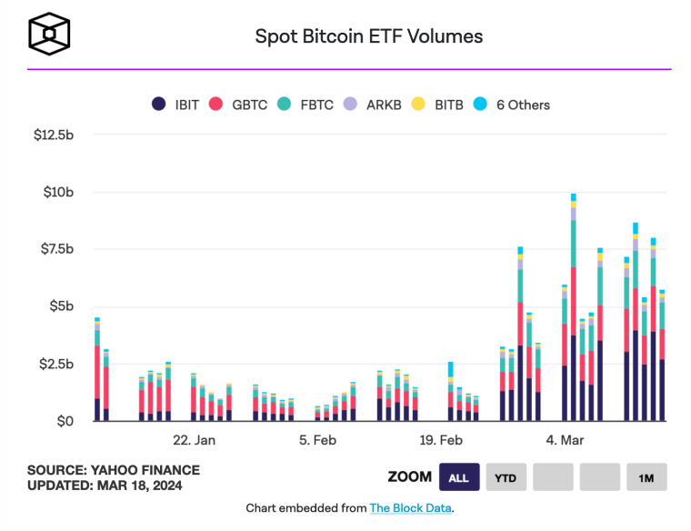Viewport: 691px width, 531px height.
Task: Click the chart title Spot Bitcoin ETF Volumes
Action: (x=368, y=36)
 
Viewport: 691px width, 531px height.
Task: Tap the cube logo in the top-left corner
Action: (x=49, y=35)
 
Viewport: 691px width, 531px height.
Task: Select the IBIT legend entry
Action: (x=181, y=105)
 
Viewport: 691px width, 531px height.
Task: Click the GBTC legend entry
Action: (x=240, y=105)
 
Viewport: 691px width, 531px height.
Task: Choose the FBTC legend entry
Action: (x=300, y=105)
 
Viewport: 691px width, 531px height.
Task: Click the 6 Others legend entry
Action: (x=512, y=105)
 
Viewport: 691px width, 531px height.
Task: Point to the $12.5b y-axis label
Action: (x=54, y=135)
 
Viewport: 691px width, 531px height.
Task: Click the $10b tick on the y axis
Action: (x=59, y=192)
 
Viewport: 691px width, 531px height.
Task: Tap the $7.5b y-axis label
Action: (x=56, y=249)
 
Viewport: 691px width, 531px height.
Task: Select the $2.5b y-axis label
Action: (x=56, y=364)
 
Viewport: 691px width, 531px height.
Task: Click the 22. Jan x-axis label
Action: (x=194, y=440)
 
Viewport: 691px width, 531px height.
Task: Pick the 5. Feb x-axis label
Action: (x=317, y=440)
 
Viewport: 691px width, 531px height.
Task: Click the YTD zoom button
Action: (x=506, y=477)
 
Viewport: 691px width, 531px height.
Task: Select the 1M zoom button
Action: (x=646, y=477)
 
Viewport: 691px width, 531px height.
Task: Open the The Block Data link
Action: (x=411, y=508)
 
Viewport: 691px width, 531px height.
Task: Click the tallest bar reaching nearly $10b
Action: (x=574, y=309)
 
